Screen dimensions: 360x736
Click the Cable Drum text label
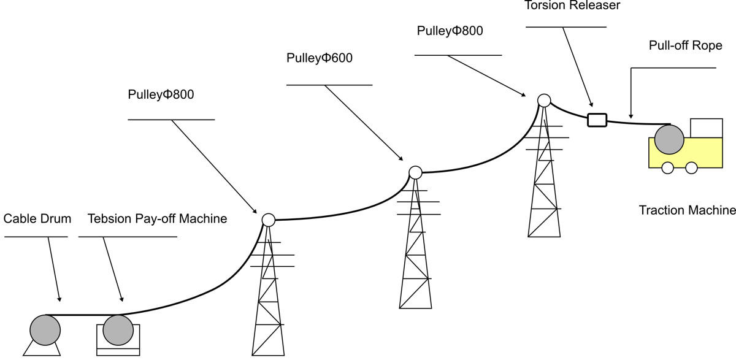tap(37, 219)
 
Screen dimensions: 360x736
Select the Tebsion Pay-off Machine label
tap(157, 219)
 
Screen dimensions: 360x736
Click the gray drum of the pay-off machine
tap(118, 330)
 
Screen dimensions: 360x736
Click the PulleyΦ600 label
tap(320, 59)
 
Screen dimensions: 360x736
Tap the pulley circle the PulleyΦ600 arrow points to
tap(415, 172)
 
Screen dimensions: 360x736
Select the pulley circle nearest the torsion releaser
tap(543, 100)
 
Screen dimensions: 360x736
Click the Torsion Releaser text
tap(564, 6)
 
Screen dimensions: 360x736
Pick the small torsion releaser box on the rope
tap(597, 120)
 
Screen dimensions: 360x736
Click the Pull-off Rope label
tap(685, 46)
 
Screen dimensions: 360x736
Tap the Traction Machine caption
tap(687, 210)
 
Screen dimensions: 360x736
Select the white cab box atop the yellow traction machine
tap(706, 128)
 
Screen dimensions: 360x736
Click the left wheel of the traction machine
tap(668, 167)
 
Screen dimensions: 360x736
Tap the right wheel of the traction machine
tap(691, 167)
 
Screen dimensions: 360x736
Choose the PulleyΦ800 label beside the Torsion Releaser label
tap(450, 31)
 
